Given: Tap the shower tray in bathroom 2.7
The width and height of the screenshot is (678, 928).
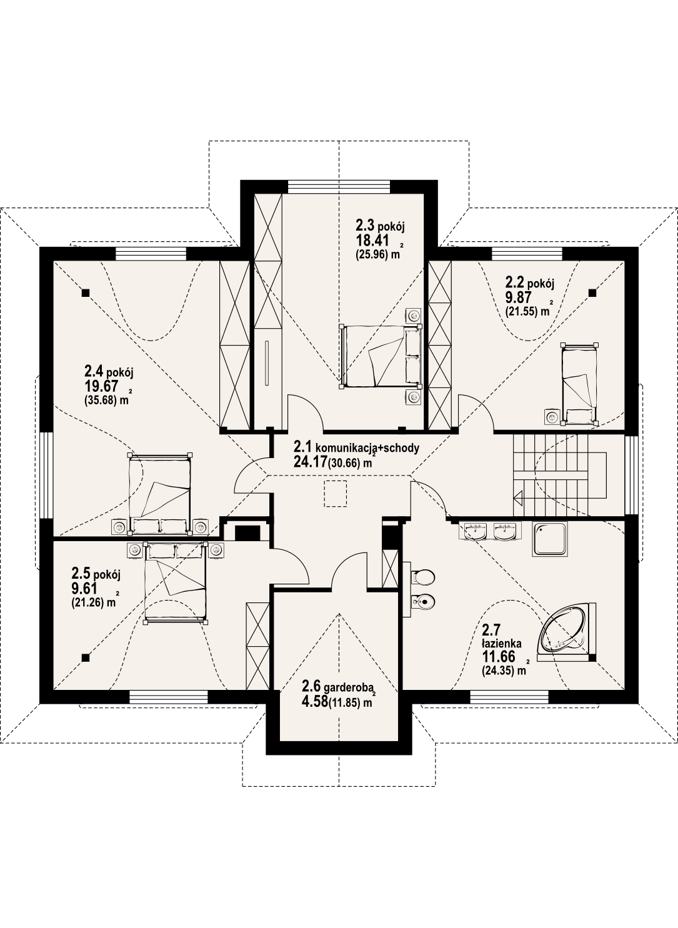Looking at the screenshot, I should tap(551, 539).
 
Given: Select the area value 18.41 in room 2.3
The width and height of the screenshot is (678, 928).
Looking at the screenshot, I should tap(372, 241).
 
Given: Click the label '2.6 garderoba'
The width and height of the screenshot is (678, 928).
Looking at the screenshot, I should tap(337, 686).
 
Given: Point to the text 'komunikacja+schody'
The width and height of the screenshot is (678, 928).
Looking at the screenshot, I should tap(367, 447).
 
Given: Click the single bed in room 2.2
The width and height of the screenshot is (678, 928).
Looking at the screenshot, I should tap(579, 384).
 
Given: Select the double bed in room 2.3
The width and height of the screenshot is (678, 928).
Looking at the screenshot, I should tap(380, 356).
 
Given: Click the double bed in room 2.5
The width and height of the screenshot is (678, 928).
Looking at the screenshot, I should tap(176, 583).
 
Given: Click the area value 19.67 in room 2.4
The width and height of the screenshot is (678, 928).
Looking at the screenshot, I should tap(101, 386).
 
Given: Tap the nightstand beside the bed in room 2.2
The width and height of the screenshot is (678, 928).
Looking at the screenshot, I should tap(551, 416).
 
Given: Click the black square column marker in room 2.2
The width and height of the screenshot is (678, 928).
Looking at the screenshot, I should tap(592, 292).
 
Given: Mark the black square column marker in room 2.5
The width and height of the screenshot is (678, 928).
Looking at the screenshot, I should tap(85, 657).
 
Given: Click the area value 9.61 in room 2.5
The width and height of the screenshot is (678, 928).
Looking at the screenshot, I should tap(84, 588).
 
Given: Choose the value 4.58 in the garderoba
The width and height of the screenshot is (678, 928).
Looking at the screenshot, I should tap(314, 702).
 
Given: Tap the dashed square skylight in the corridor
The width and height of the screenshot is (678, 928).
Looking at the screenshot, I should tap(336, 494).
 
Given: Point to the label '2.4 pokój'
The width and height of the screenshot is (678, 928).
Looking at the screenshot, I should tap(109, 372).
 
